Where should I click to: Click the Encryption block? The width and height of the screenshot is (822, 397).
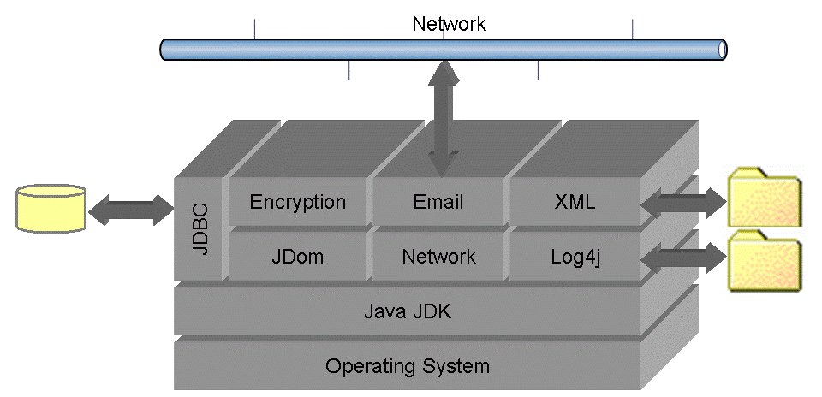pyautogui.click(x=297, y=202)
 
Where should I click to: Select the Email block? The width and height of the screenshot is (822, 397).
pyautogui.click(x=438, y=202)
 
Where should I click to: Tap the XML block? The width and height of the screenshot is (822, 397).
pyautogui.click(x=575, y=202)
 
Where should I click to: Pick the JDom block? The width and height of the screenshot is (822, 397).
pyautogui.click(x=297, y=256)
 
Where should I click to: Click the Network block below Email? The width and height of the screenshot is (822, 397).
pyautogui.click(x=438, y=256)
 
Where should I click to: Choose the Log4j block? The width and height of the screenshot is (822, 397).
pyautogui.click(x=575, y=256)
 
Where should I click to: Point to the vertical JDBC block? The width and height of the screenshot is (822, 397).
pyautogui.click(x=199, y=228)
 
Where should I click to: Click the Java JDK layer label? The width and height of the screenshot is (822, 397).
pyautogui.click(x=407, y=311)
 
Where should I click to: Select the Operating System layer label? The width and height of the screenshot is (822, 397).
pyautogui.click(x=407, y=366)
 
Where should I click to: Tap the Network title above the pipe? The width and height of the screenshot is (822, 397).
pyautogui.click(x=449, y=23)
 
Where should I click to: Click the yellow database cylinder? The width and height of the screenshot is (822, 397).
pyautogui.click(x=51, y=208)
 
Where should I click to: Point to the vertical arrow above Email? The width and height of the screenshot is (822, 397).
pyautogui.click(x=444, y=118)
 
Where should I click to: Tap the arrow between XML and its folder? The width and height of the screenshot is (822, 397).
pyautogui.click(x=682, y=204)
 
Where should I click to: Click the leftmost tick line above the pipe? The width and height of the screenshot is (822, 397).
pyautogui.click(x=254, y=28)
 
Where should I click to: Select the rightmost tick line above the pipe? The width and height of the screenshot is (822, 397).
pyautogui.click(x=633, y=28)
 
